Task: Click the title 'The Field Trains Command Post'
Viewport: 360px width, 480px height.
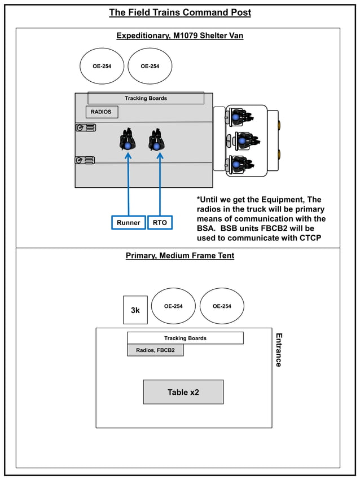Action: (x=179, y=12)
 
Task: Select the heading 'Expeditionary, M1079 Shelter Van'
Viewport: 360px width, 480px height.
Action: (x=179, y=36)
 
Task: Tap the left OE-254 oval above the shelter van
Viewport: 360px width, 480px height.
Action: (x=102, y=66)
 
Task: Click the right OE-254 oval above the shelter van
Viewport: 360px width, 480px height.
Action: (x=150, y=66)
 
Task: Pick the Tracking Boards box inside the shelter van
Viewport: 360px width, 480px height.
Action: (x=146, y=98)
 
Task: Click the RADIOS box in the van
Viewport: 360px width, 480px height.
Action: (x=102, y=112)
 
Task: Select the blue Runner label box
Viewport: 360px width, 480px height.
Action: (x=128, y=223)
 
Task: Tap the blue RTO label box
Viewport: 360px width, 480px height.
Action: (x=160, y=223)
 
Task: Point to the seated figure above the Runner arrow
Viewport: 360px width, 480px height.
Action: (x=128, y=140)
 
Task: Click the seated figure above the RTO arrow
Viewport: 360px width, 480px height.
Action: (x=156, y=140)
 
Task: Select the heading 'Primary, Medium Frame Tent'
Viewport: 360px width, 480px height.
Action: (x=179, y=256)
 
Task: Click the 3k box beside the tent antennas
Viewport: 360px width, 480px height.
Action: (x=135, y=310)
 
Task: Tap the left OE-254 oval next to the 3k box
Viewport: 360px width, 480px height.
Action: (x=173, y=306)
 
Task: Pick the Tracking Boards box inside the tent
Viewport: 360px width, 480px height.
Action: (x=185, y=338)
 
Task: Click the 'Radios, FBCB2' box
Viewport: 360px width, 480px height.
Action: (x=155, y=350)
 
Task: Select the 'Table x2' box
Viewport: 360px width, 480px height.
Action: (x=183, y=392)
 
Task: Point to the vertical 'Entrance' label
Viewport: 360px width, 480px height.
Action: (x=278, y=350)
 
